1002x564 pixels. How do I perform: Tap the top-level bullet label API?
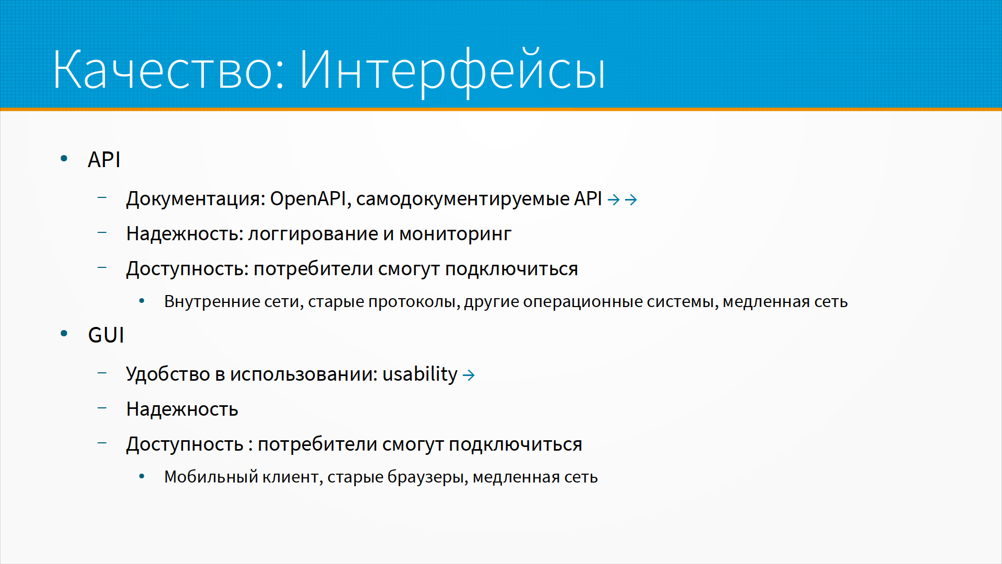coord(104,159)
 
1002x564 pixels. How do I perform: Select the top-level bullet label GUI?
coord(106,335)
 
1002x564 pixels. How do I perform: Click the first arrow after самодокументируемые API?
coord(614,199)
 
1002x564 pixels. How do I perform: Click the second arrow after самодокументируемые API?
coord(631,199)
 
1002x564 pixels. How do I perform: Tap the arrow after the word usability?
coord(469,375)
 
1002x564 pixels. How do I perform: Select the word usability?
coord(420,374)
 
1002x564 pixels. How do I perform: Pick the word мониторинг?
coord(455,234)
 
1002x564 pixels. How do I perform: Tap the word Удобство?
coord(168,374)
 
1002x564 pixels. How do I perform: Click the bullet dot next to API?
coord(64,158)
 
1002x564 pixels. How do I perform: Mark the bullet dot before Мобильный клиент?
coord(141,476)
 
